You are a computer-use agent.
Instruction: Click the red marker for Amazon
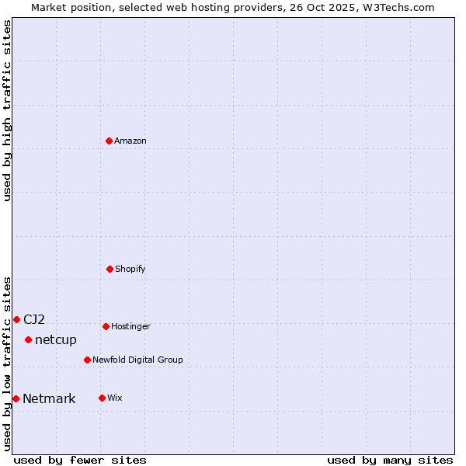pos(109,141)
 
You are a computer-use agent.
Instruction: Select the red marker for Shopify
pos(110,269)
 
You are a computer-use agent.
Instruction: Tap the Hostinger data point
pos(106,326)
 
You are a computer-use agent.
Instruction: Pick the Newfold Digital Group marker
pos(87,360)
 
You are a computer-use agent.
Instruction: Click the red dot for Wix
pos(102,398)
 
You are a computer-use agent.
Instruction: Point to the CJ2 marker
pos(16,319)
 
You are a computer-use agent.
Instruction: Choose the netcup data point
pos(28,339)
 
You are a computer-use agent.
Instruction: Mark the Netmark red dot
pos(16,398)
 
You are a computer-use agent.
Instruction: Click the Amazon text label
pos(130,141)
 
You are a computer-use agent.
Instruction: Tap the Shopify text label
pos(130,269)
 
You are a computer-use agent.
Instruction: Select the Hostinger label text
pos(130,326)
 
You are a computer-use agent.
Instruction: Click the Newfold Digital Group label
pos(137,360)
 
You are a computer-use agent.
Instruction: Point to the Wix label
pos(115,398)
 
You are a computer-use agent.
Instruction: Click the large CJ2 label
pos(34,319)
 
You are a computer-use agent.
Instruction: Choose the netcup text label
pos(56,339)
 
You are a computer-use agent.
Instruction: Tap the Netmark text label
pos(49,399)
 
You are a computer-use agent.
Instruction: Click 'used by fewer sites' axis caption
pos(80,460)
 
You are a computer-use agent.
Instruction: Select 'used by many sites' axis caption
pos(390,460)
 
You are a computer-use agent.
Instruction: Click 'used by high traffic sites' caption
pos(7,110)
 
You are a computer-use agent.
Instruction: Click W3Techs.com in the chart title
pos(395,7)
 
